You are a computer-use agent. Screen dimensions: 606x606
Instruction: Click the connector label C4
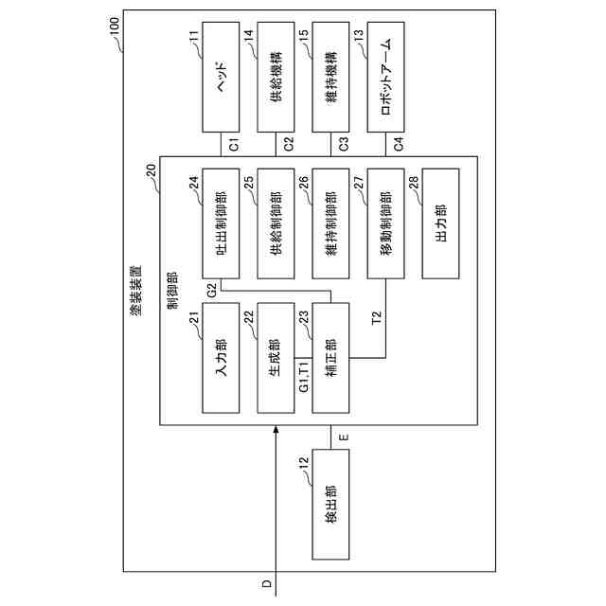pos(398,145)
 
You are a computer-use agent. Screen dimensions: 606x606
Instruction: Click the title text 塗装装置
pos(136,268)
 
